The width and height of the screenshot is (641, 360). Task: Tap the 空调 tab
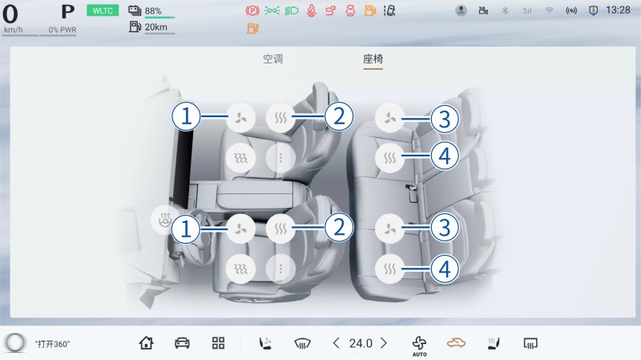272,59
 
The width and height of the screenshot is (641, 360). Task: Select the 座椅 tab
373,59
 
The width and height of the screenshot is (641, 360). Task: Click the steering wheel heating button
165,220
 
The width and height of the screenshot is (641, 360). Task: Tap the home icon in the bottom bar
147,343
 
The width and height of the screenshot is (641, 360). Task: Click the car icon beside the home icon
182,343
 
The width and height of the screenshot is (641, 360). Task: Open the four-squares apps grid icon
218,343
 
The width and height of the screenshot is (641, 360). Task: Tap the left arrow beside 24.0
336,343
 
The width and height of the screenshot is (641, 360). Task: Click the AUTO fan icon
419,346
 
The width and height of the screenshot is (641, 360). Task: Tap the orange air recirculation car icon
456,342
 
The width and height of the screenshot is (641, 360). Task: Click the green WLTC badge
103,10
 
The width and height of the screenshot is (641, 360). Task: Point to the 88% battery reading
153,11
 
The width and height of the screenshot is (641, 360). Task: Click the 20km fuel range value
156,27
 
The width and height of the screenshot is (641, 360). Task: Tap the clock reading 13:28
618,10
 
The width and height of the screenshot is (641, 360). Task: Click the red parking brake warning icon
252,10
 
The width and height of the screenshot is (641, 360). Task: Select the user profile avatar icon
462,10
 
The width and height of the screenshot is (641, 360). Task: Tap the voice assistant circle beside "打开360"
15,343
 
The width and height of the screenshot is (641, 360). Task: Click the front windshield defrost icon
303,343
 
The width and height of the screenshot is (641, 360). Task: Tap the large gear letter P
68,12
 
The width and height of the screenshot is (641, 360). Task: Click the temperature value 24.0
361,343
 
